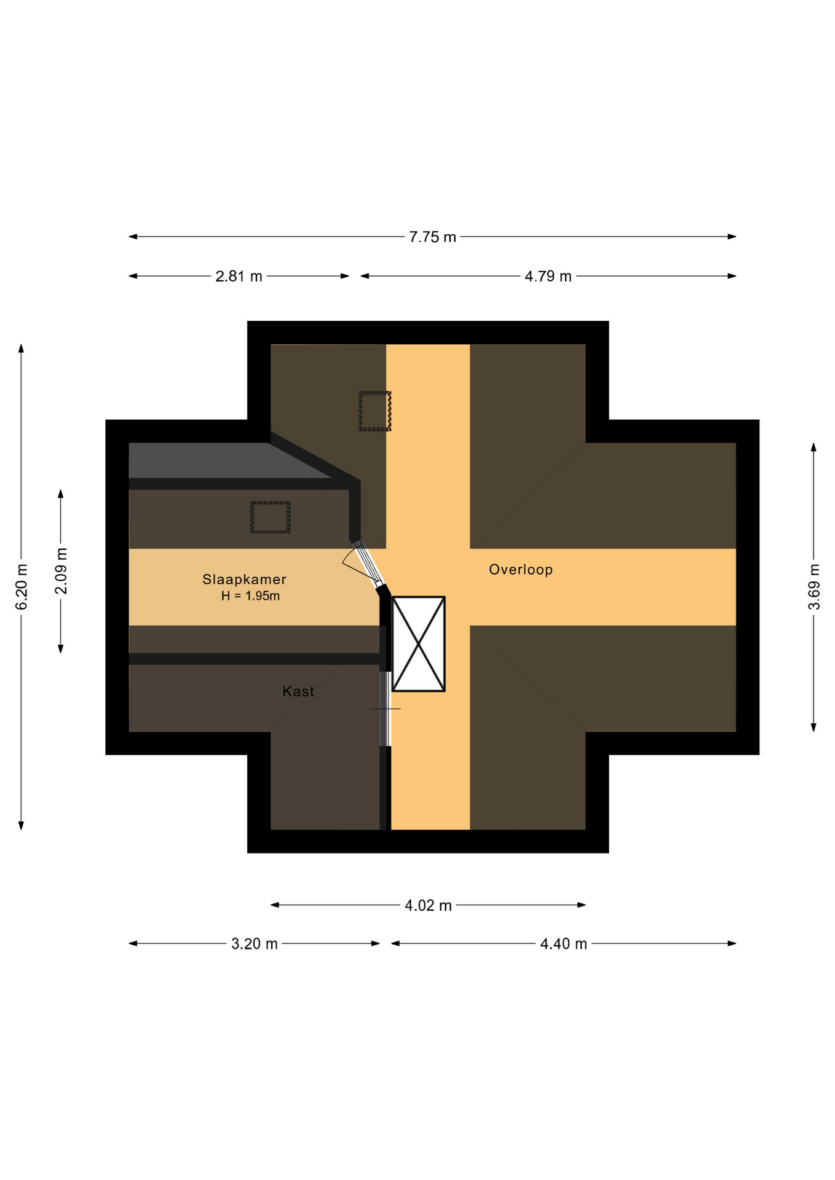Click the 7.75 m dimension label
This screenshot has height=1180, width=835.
click(432, 237)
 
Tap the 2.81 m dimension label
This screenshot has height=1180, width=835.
click(239, 277)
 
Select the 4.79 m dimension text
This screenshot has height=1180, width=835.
click(548, 277)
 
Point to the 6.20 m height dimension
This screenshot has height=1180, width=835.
click(22, 587)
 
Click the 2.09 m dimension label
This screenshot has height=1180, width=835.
click(61, 571)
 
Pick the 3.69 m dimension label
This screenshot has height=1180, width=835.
click(813, 587)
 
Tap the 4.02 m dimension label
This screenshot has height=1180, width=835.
click(428, 905)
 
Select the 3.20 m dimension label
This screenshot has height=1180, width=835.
click(254, 944)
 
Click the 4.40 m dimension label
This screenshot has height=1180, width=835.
click(563, 944)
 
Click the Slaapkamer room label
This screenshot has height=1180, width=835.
click(244, 580)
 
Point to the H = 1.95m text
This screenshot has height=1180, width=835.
click(250, 596)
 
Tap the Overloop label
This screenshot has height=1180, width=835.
click(521, 570)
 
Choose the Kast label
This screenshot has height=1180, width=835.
click(298, 691)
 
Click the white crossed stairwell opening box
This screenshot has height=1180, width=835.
click(418, 644)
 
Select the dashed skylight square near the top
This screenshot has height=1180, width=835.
click(375, 411)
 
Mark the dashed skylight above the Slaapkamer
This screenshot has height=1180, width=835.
click(270, 517)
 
